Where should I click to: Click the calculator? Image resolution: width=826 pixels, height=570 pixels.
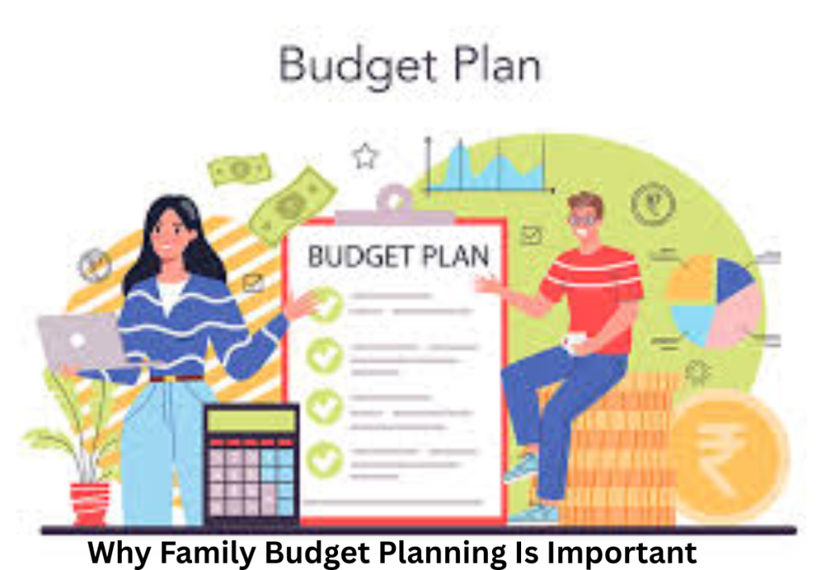point(251,465)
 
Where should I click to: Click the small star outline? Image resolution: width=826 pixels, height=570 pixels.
point(365,156)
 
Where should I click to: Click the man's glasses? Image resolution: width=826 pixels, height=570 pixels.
point(583,218)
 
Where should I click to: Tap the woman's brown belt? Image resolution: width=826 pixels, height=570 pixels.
point(175,377)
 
